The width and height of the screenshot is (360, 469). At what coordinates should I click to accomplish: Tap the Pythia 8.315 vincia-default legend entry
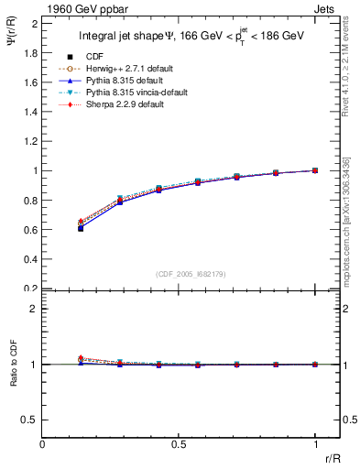(151, 93)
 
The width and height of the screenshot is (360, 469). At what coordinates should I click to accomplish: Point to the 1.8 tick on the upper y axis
(30, 52)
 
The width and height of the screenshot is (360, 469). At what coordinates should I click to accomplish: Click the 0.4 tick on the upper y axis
(30, 259)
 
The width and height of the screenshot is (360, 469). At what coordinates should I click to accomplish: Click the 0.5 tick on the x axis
(179, 444)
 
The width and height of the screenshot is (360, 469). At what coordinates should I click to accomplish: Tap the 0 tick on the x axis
(42, 444)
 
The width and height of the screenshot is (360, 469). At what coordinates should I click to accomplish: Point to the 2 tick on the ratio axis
(35, 310)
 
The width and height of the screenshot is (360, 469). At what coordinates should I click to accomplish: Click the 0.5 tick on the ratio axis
(30, 420)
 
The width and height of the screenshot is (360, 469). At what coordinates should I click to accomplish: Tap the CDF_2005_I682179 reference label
(190, 275)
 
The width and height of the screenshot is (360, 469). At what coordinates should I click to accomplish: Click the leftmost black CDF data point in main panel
(81, 228)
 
